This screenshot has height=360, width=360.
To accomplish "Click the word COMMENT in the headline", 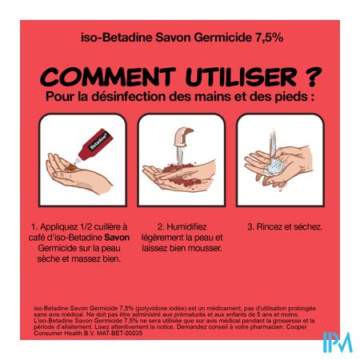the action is (x=108, y=77).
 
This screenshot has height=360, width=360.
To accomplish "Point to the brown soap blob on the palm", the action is (x=70, y=168).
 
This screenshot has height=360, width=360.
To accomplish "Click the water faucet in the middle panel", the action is (x=182, y=136).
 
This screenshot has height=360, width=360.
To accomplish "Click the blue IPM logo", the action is (x=338, y=342).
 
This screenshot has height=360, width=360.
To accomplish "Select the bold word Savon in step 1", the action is (x=117, y=238).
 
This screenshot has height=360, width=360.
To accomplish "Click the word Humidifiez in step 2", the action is (x=186, y=226).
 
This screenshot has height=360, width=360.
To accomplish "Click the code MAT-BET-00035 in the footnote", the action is (x=119, y=333).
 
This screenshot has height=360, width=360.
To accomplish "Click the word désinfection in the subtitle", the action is (x=129, y=97).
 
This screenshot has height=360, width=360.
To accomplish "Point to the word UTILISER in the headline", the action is (x=241, y=77).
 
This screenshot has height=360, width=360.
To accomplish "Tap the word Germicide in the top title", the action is (x=222, y=38).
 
